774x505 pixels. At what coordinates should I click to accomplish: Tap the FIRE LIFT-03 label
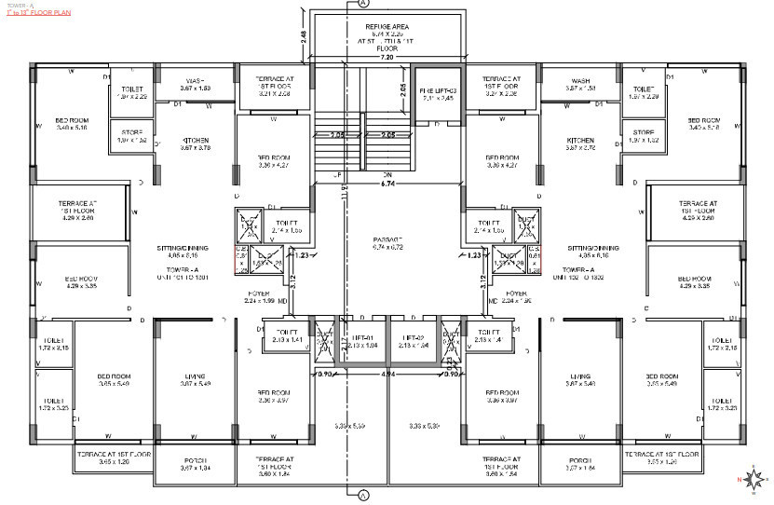437,90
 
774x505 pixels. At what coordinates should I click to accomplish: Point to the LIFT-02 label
414,338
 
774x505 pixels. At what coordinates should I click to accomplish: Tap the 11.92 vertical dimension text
343,197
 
